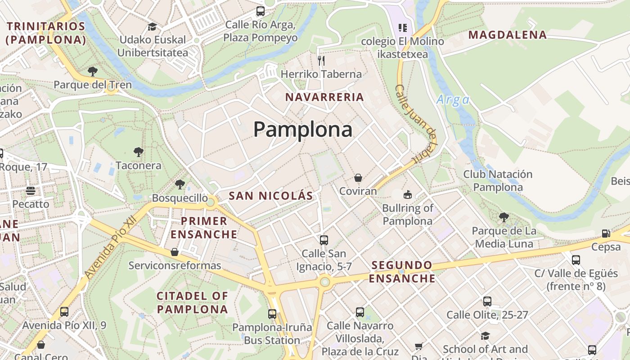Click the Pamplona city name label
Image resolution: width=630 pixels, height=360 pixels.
coord(302,130)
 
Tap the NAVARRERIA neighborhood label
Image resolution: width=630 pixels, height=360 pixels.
coord(324,97)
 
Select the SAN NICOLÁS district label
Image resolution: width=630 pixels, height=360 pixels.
coord(270,196)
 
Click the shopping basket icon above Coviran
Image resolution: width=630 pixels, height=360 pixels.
coord(358,178)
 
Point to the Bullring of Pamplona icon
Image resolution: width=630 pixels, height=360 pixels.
coord(407,194)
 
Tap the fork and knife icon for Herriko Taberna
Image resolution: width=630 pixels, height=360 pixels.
coord(321,60)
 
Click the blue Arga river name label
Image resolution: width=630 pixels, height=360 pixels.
coord(453,99)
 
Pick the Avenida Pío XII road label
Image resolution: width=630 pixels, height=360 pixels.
coord(110,247)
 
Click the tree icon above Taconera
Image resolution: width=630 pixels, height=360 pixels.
coord(139,152)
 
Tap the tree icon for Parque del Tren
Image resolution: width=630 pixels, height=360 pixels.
coord(93,71)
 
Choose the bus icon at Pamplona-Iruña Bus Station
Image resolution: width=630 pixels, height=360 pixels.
coord(272,314)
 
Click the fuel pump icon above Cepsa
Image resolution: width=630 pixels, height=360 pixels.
coord(606,234)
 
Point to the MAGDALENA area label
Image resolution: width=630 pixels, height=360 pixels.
coord(508,35)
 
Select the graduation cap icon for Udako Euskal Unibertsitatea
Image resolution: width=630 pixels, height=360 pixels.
coord(152,27)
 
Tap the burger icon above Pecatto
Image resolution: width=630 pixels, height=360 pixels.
coord(31,190)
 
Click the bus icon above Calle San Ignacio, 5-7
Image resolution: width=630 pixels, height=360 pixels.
coord(324,240)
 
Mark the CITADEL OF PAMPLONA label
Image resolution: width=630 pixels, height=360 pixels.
coord(193,302)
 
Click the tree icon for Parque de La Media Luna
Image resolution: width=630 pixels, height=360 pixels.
coord(504,217)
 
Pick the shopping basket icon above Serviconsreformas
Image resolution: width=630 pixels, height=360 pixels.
coord(175,252)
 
